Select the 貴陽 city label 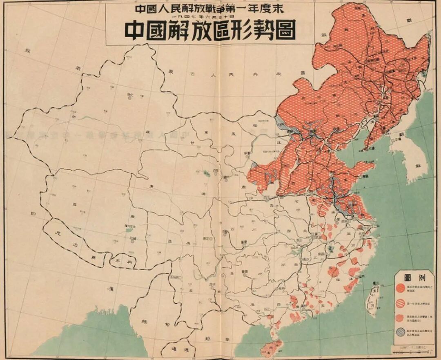244,270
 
